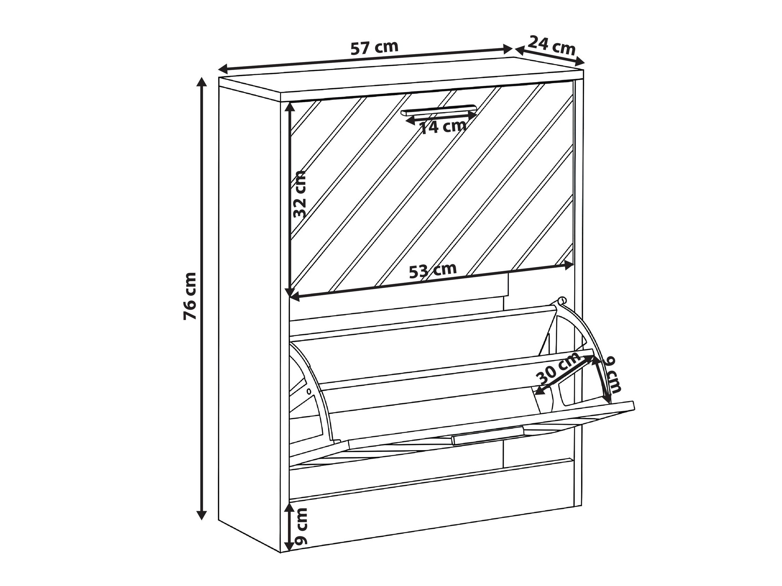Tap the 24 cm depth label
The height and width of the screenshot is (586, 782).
click(x=551, y=45)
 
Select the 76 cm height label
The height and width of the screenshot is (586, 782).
click(x=190, y=296)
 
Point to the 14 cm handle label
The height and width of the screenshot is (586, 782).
click(x=443, y=126)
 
